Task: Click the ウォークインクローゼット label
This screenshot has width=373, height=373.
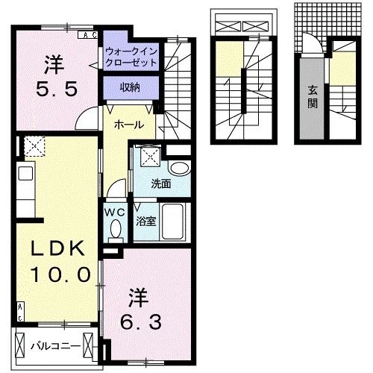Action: click(x=131, y=57)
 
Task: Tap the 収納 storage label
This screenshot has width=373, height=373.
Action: click(x=130, y=87)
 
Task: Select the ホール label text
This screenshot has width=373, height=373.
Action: click(x=129, y=125)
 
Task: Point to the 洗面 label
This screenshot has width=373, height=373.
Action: click(x=161, y=184)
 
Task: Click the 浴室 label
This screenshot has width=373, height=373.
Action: click(x=145, y=221)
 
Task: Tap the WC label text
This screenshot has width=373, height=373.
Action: click(x=114, y=213)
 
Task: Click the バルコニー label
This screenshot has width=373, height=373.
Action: click(x=56, y=346)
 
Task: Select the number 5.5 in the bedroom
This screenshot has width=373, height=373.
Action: click(x=57, y=89)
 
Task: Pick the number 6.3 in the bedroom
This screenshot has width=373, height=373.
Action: click(x=141, y=322)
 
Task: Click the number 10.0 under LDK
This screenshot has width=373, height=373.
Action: click(x=60, y=275)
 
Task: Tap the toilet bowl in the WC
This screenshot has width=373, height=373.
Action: click(x=116, y=231)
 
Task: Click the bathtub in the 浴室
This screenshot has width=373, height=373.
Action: click(x=172, y=222)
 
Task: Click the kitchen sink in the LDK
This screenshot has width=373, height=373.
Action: click(x=25, y=173)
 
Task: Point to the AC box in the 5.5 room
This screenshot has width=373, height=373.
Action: click(x=88, y=35)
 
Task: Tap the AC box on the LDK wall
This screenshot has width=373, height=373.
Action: click(x=20, y=312)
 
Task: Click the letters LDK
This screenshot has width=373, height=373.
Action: click(x=57, y=248)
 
